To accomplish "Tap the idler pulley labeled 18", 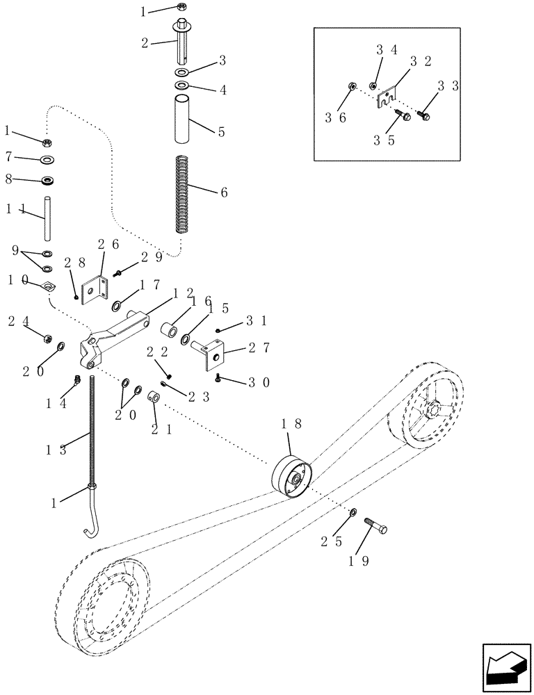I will tap(291, 477).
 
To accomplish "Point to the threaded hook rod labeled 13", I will tap(91, 445).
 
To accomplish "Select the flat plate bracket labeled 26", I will tap(92, 290).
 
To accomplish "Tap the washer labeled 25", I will tap(354, 512).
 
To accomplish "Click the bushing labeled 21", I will tap(156, 398).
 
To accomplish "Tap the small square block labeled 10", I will tap(49, 286).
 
